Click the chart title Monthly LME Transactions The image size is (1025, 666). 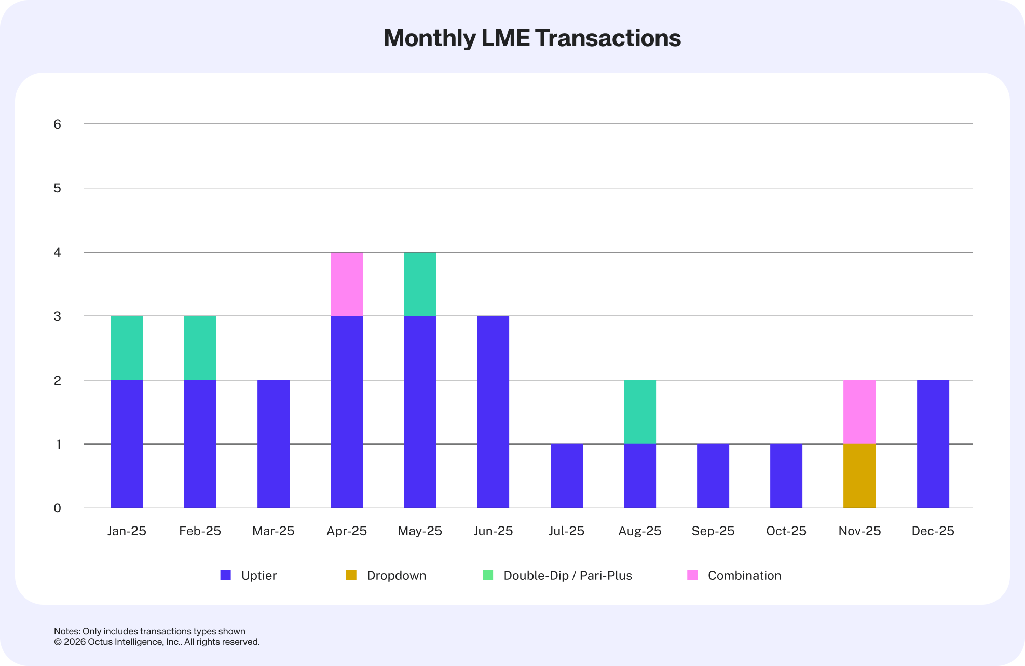point(532,38)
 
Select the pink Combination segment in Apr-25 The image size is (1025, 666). point(347,284)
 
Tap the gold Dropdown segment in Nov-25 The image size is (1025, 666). point(859,476)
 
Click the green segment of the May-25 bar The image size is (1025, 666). point(420,284)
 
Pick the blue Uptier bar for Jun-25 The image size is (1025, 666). point(493,412)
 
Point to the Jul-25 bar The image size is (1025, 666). point(566,476)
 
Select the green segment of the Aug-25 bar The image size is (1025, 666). point(639,412)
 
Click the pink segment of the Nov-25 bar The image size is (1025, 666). point(859,412)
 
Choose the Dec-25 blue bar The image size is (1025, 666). point(933,444)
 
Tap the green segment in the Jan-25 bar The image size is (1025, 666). point(127,348)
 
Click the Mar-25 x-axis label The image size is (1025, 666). point(273,531)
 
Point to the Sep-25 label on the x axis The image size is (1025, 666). point(713,531)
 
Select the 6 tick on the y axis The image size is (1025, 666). point(57,124)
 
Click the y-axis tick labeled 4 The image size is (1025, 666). point(57,252)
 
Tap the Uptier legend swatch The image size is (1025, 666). point(226,575)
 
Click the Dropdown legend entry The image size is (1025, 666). point(396,575)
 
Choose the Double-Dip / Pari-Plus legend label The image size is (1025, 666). point(567,575)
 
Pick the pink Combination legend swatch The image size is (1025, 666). point(692,575)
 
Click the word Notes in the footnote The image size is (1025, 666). point(66,631)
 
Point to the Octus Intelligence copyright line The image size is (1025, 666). point(157,642)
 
